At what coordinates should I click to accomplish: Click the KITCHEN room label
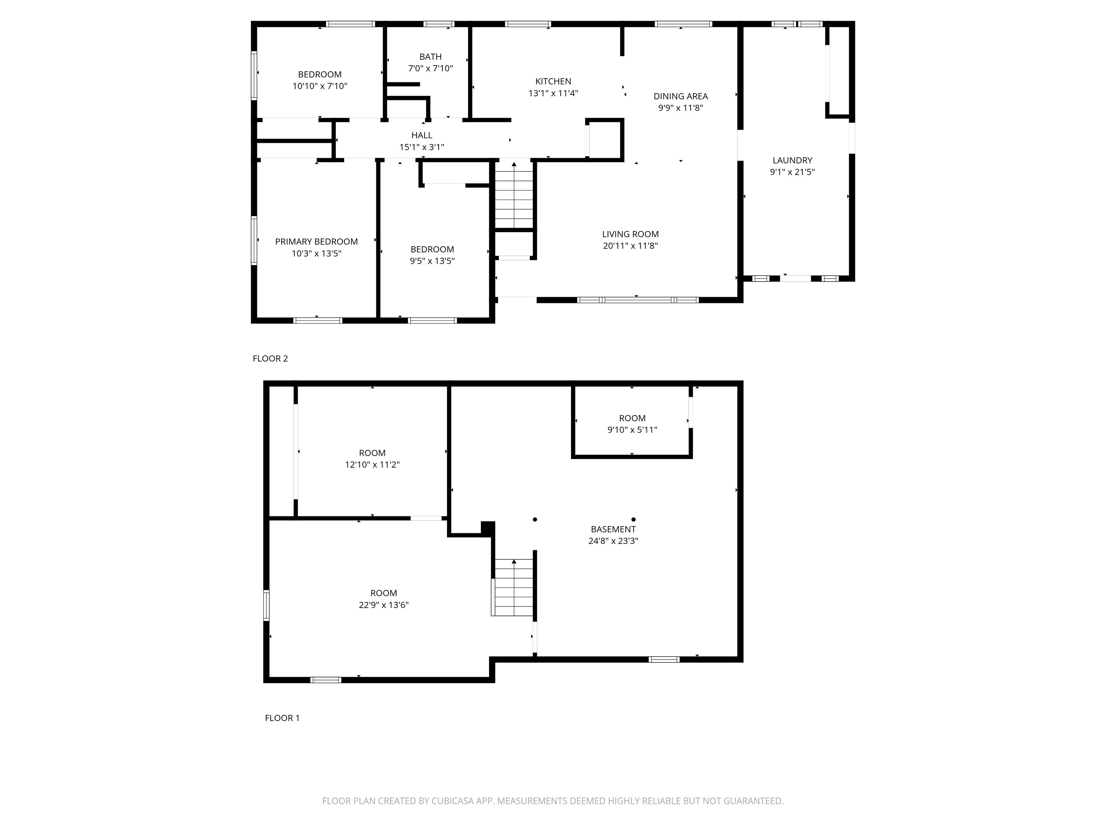point(553,81)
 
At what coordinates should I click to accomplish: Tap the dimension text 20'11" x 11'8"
point(630,246)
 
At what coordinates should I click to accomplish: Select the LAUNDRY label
point(792,160)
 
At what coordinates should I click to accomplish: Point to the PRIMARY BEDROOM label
point(316,242)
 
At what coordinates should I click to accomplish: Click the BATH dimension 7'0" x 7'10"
point(431,68)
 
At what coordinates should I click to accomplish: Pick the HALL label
point(422,135)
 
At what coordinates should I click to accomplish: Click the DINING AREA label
point(680,96)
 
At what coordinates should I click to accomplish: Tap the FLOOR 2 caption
point(270,359)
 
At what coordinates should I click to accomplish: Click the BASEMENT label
point(613,529)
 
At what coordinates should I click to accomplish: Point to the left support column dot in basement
point(535,520)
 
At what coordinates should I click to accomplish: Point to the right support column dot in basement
point(634,520)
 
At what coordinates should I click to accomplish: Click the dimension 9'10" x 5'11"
point(632,430)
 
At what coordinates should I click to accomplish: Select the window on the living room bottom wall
point(638,300)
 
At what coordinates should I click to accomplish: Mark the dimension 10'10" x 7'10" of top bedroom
point(319,86)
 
